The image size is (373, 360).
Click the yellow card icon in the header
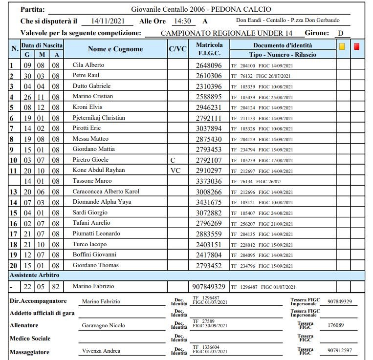coord(343,46)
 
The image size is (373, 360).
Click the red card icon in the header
coord(357,46)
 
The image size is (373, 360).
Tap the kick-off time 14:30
coord(182,21)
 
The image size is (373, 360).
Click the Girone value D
coord(341,33)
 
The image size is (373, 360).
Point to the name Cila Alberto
coord(88,65)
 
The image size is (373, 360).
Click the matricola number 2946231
coord(209,107)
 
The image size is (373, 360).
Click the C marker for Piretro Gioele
coord(172,160)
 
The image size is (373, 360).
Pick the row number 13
coord(14,191)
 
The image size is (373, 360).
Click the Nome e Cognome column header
coord(115,49)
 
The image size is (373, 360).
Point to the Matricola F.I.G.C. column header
coord(209,49)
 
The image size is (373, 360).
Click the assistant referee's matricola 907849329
coord(209,287)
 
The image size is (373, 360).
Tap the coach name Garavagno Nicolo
coord(103,325)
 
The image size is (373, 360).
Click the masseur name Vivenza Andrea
coord(102,352)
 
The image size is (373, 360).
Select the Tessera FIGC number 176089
coord(336,325)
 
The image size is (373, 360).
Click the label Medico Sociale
coord(30,339)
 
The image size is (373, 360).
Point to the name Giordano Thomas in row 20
coord(95,265)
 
